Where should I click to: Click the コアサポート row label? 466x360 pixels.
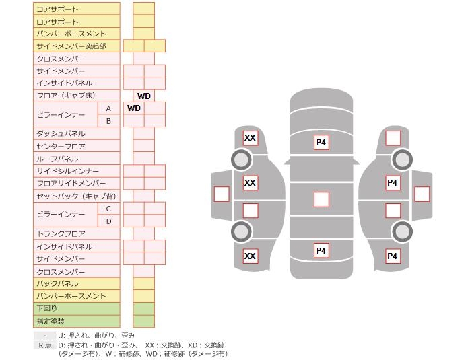[57, 9]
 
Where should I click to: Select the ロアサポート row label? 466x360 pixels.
[57, 22]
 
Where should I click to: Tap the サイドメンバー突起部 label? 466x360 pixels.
[71, 46]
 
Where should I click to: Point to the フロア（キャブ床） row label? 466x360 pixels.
[66, 96]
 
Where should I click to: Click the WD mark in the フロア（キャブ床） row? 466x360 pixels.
[143, 96]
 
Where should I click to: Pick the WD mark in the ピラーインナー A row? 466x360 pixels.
[133, 108]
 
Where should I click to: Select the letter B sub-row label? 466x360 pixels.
[108, 121]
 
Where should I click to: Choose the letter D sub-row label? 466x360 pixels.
[108, 221]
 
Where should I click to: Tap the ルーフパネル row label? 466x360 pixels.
[57, 159]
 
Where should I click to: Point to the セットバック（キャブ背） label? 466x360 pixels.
[76, 196]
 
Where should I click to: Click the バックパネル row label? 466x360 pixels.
[57, 284]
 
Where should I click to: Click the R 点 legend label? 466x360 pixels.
[45, 345]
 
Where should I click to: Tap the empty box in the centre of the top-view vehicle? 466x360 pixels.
[321, 199]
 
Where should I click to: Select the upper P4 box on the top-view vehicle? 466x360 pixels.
[321, 143]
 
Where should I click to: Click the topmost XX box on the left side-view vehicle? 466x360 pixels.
[250, 139]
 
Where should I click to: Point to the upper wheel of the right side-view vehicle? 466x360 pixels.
[402, 160]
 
